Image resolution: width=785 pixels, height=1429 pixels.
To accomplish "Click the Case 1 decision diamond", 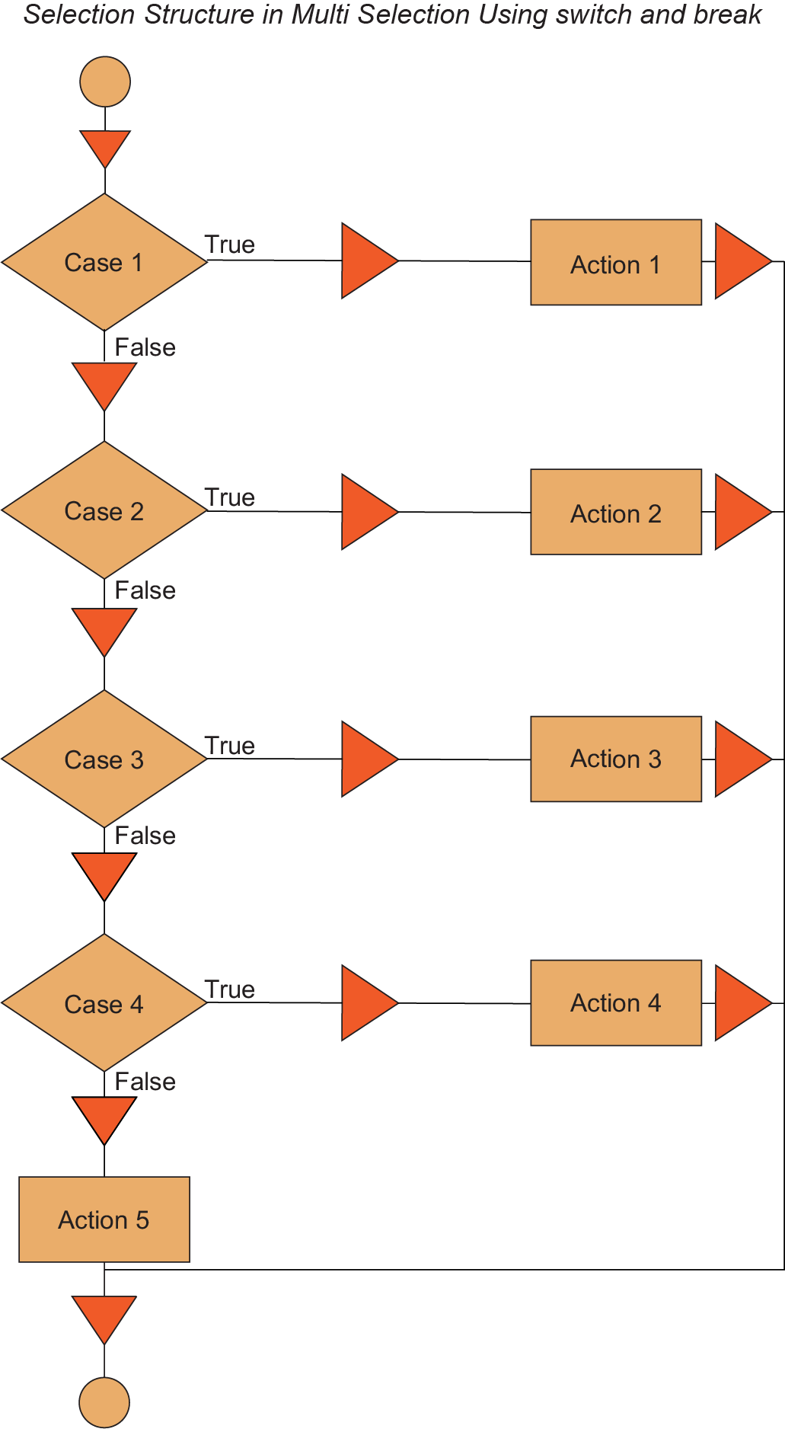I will point(104,262).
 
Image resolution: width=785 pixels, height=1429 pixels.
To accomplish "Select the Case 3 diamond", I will point(104,759).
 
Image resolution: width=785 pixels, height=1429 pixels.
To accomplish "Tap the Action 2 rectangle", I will point(616,513).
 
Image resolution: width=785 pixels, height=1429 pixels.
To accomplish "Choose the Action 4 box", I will point(616,1002).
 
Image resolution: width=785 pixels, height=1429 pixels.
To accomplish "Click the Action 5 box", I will point(104,1220).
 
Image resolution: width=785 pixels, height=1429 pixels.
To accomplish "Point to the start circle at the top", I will point(105,82).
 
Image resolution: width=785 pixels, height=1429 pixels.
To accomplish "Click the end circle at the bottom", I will point(104,1402).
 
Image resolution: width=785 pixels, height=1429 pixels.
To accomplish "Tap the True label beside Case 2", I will point(229,497).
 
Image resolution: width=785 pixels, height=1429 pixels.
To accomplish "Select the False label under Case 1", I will point(145,347).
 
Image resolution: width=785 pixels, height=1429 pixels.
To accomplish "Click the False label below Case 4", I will point(145,1082).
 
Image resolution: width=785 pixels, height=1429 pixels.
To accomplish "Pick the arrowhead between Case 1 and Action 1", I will point(367,261).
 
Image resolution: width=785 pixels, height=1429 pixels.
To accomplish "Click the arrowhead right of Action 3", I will point(740,759).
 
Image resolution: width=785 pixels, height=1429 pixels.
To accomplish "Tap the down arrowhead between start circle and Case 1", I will point(105,147).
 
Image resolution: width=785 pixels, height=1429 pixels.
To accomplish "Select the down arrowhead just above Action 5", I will point(104,1117).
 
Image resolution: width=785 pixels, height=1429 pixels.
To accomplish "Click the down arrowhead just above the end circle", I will point(104,1317).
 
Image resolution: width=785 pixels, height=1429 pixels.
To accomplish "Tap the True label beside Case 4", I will point(229,989).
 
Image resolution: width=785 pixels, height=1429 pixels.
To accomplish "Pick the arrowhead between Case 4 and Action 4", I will point(367,1003).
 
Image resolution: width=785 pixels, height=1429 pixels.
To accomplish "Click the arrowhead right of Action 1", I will point(740,261).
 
